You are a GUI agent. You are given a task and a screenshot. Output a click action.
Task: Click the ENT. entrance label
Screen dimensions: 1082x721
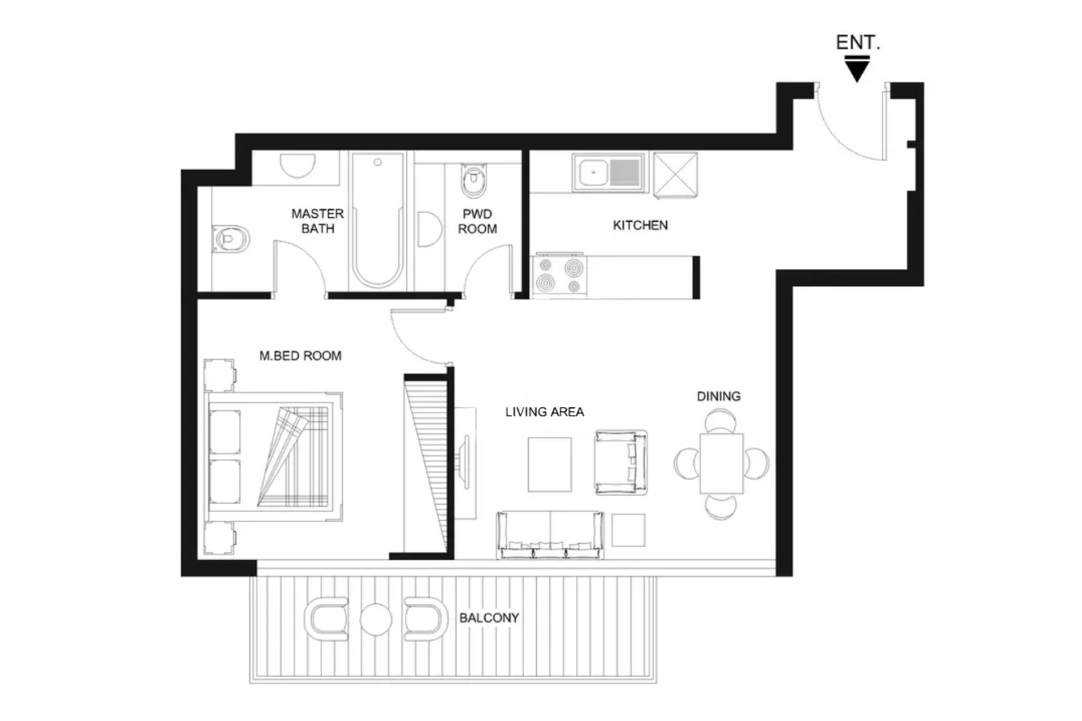(858, 42)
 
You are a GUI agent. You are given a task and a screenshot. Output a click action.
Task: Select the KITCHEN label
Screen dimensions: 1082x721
(640, 225)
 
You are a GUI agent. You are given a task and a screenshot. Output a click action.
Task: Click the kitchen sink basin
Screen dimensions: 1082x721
(594, 172)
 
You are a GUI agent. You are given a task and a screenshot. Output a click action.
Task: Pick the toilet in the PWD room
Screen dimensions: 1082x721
(474, 181)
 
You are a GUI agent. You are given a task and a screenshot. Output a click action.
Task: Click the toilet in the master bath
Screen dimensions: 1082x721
(231, 238)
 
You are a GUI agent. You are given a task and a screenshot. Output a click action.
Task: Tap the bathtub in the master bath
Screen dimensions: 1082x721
(377, 220)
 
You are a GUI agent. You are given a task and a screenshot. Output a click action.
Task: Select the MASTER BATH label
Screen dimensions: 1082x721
(317, 220)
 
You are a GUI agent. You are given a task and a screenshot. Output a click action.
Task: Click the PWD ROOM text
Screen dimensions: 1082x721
(477, 221)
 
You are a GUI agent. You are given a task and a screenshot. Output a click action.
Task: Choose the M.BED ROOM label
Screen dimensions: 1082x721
(301, 356)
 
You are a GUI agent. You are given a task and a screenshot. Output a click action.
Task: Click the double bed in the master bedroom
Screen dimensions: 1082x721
(273, 457)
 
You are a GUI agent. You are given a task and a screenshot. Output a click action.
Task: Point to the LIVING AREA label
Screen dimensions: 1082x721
(544, 412)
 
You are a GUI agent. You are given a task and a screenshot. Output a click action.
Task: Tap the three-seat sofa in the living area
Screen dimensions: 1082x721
(550, 534)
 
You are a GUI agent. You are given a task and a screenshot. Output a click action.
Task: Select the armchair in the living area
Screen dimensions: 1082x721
(621, 462)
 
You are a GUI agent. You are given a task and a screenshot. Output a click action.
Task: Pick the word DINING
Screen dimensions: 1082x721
(718, 397)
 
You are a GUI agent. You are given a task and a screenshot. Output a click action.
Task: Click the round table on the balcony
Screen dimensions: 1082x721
(376, 619)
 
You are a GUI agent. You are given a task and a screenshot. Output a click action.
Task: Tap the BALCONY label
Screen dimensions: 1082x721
(489, 618)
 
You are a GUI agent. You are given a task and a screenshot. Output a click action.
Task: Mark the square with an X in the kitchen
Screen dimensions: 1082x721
(676, 175)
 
